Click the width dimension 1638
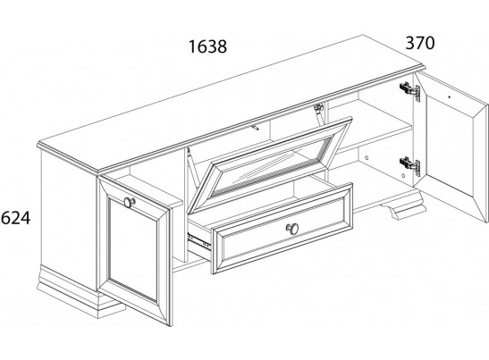tap(207, 46)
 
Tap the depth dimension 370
tap(420, 43)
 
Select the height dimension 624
tap(15, 218)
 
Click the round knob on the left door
tap(129, 202)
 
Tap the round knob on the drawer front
tap(292, 229)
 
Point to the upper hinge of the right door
tap(410, 91)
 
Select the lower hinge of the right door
tap(410, 166)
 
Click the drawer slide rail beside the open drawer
tap(199, 241)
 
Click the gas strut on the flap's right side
tap(318, 113)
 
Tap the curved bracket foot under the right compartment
tap(401, 206)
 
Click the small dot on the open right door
tap(449, 96)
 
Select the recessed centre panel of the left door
tap(133, 247)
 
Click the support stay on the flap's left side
tap(193, 168)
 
